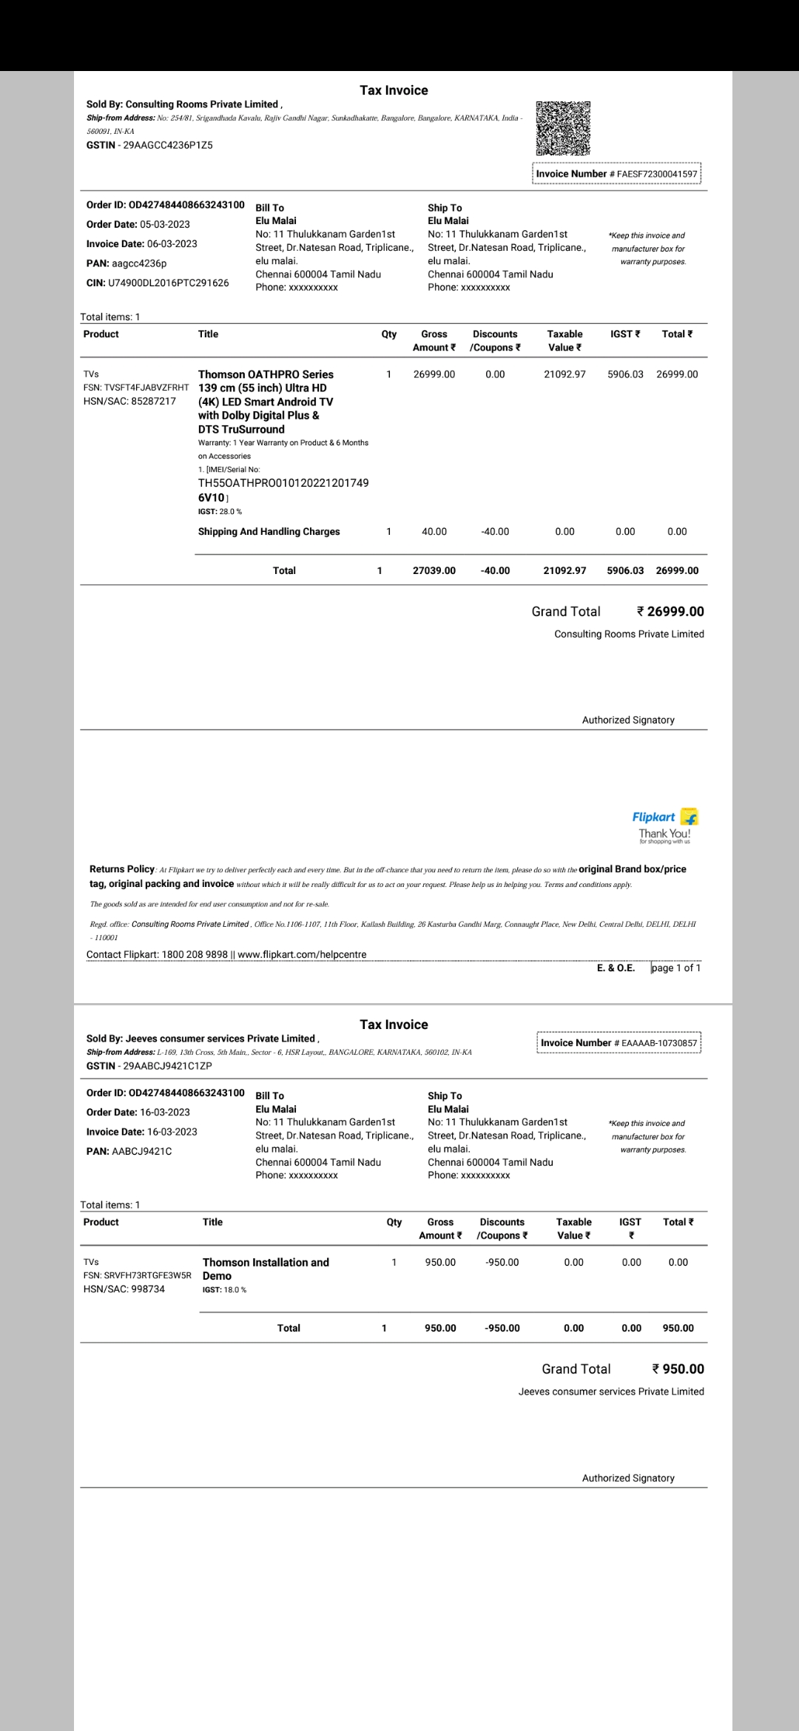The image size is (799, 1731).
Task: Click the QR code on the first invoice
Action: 563,128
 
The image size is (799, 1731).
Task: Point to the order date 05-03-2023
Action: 164,224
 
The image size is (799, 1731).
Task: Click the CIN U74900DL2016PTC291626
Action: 169,283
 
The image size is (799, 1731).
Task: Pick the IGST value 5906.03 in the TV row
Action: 625,374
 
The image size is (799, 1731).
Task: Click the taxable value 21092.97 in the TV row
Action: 564,374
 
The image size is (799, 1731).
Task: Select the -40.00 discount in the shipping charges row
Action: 495,532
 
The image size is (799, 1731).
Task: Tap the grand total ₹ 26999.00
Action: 670,612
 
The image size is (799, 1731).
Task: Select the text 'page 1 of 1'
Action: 676,968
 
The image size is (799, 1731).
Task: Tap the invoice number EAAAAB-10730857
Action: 659,1043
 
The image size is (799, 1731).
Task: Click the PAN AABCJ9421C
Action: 141,1151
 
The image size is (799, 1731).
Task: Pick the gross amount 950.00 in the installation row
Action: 440,1262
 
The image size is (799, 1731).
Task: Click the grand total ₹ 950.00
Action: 678,1369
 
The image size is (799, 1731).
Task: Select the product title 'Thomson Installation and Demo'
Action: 265,1269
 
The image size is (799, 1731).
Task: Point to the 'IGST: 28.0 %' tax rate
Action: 220,512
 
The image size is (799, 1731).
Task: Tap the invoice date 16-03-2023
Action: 172,1132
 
